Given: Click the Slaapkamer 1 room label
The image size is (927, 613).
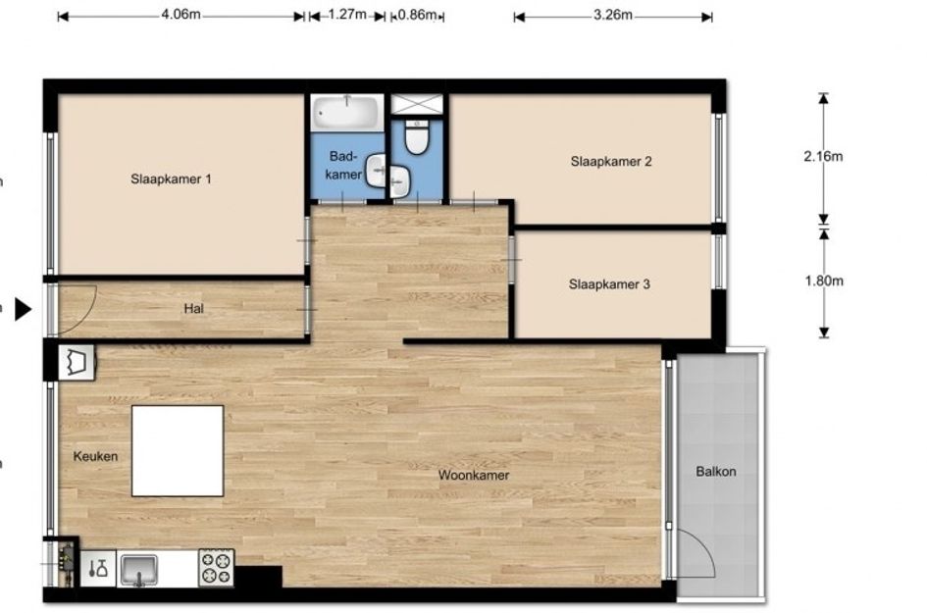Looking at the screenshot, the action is [171, 179].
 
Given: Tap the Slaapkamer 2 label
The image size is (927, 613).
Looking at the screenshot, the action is [611, 162].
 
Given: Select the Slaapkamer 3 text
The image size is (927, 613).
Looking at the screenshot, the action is [609, 284].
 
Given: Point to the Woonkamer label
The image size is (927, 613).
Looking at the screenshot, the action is [474, 476].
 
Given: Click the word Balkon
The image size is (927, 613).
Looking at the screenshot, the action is [716, 472].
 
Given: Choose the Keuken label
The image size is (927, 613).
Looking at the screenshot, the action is [95, 456].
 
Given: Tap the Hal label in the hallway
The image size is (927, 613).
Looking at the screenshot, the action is [194, 309].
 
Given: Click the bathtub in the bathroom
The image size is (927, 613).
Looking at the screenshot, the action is [346, 113].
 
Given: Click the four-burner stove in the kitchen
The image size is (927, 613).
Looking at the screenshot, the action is [217, 568].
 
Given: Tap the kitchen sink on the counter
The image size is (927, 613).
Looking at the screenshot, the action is [139, 570].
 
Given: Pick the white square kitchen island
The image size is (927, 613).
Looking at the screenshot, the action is [178, 451].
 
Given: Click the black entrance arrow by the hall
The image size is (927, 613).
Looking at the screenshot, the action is [23, 309].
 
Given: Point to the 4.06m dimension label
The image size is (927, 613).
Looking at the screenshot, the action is [180, 15].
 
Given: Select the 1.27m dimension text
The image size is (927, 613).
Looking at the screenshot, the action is [347, 15].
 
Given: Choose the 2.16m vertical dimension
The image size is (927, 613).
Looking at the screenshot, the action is [823, 157].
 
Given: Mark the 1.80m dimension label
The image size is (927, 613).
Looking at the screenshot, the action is [824, 281].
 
